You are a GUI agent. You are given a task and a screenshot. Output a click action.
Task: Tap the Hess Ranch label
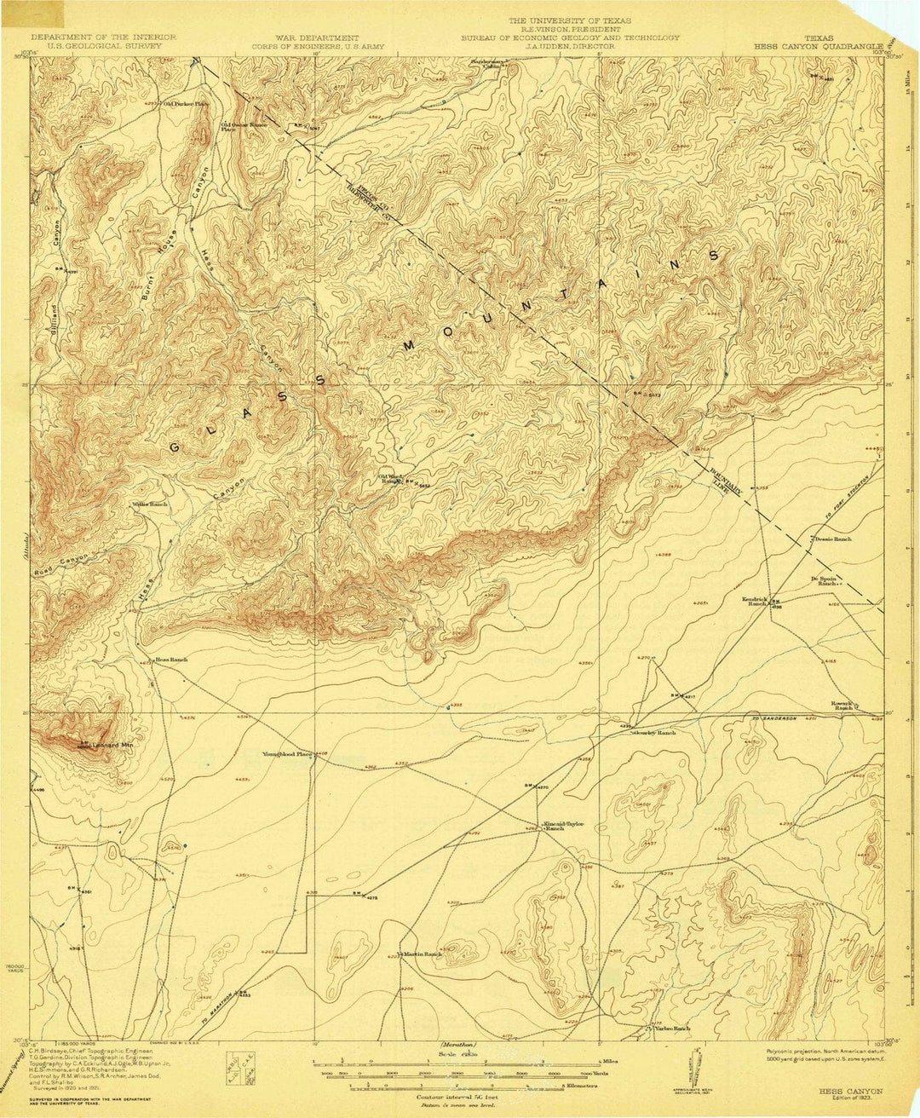pyautogui.click(x=170, y=660)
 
